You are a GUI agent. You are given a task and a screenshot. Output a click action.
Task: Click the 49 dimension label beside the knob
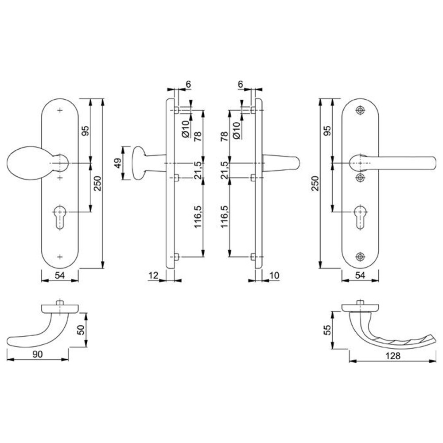[x=118, y=163]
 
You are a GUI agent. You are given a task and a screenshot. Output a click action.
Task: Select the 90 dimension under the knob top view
[x=37, y=354]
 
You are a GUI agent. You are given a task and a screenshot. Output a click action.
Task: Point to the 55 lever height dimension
[x=327, y=330]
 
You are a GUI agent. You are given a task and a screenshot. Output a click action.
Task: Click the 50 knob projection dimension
[x=81, y=330]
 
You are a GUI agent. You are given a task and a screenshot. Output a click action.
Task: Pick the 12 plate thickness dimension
[x=153, y=275]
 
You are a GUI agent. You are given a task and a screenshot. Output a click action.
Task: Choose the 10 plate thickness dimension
[x=274, y=275]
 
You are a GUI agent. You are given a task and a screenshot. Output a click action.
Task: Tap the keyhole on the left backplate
[x=60, y=216]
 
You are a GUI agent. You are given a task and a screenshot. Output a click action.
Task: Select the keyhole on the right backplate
[x=360, y=216]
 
